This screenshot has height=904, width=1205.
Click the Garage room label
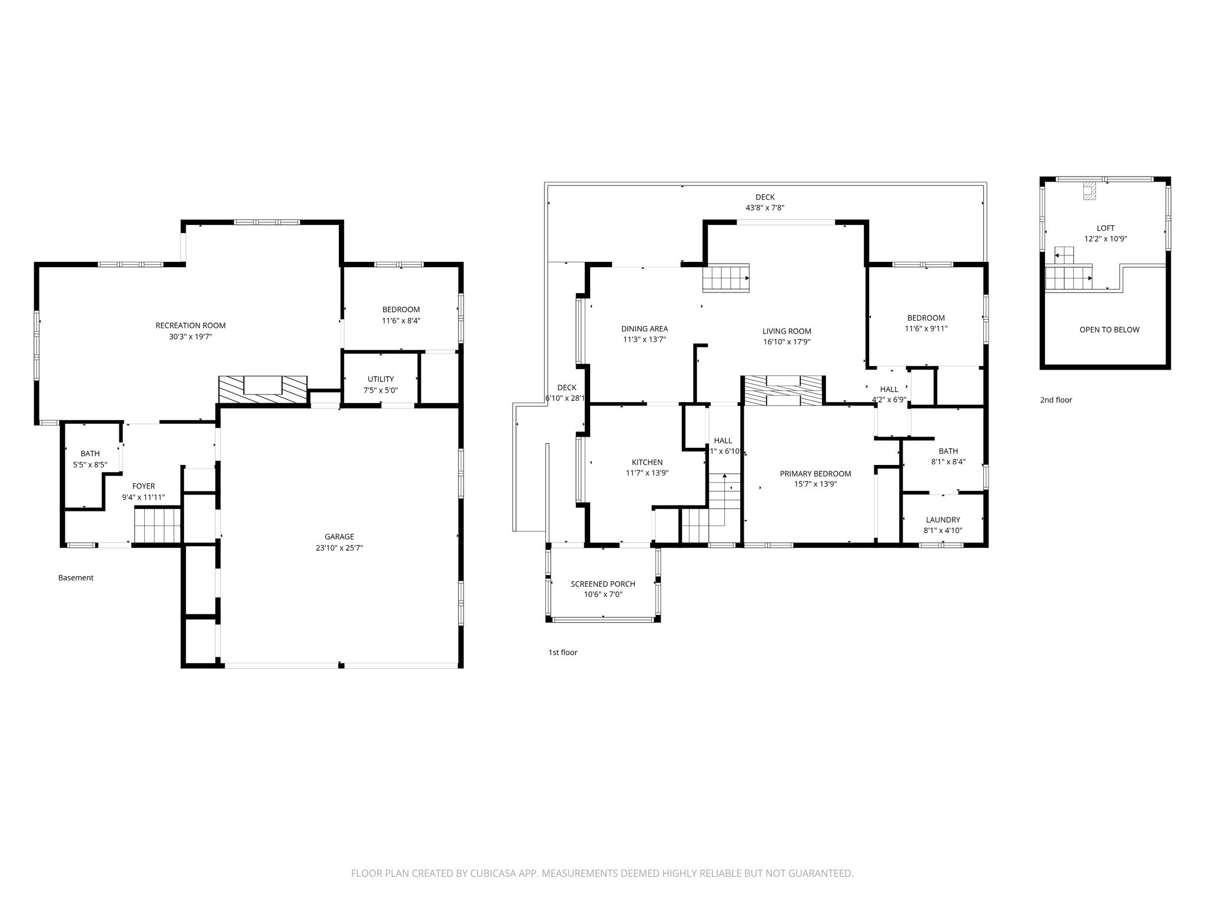339,536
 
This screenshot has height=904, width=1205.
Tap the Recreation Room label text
190,325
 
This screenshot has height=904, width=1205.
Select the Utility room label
381,379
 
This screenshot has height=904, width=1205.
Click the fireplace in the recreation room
264,390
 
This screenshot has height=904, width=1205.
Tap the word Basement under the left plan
76,578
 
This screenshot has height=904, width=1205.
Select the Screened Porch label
603,584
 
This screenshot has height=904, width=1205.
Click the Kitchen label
647,462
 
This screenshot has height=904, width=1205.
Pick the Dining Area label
645,329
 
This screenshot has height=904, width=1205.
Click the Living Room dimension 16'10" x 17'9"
787,342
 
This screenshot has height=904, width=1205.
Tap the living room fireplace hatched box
783,390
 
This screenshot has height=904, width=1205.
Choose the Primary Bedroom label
815,474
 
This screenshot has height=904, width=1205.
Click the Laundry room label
943,520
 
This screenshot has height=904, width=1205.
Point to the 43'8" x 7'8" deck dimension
765,208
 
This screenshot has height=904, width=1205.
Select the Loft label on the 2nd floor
1106,228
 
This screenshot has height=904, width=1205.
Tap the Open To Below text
1109,330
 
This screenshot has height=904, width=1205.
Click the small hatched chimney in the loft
1089,191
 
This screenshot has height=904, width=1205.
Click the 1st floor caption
562,652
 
